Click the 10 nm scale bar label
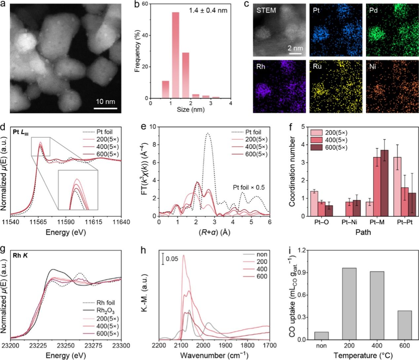pyautogui.click(x=105, y=101)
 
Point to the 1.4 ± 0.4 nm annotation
pyautogui.click(x=208, y=10)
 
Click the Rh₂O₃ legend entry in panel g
pyautogui.click(x=105, y=311)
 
